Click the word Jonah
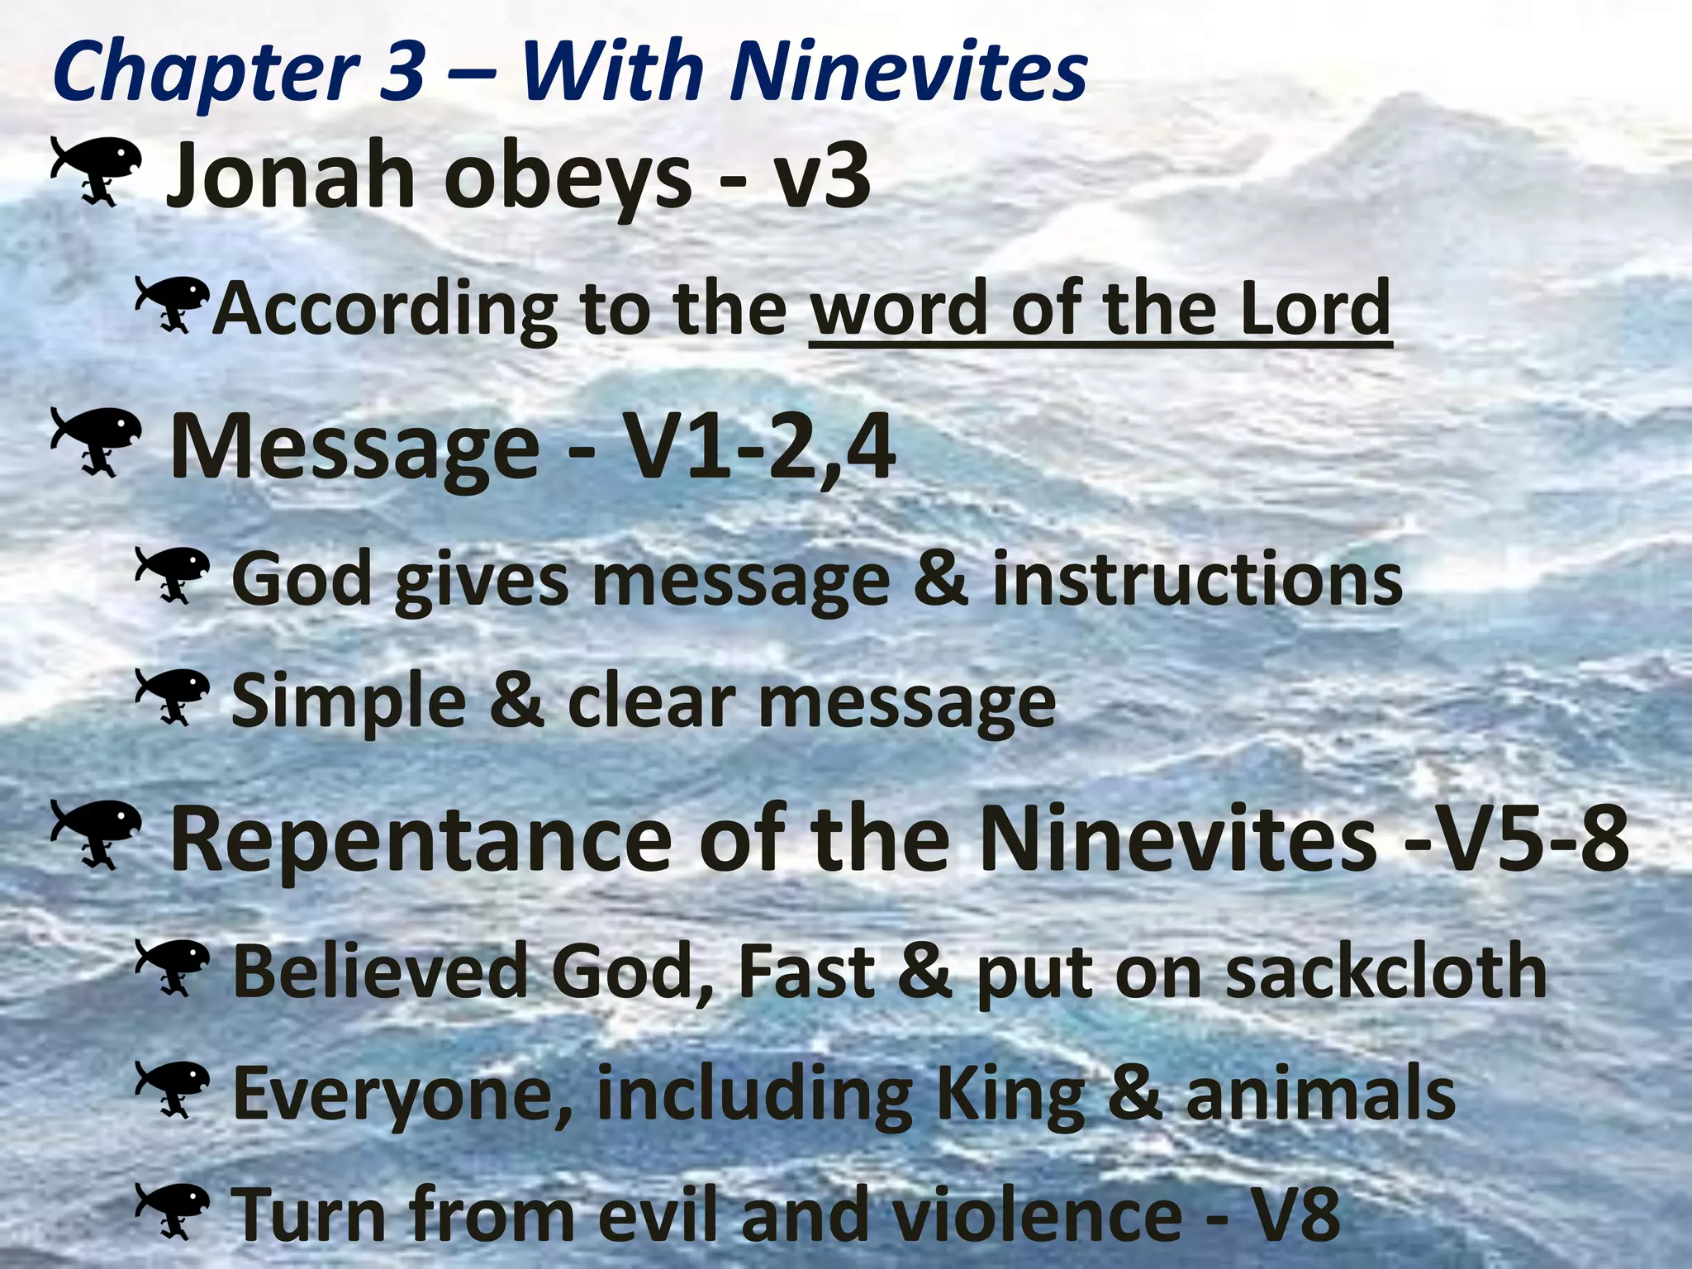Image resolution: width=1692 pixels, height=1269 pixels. (289, 175)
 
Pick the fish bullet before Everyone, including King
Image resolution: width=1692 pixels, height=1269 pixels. (172, 1089)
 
